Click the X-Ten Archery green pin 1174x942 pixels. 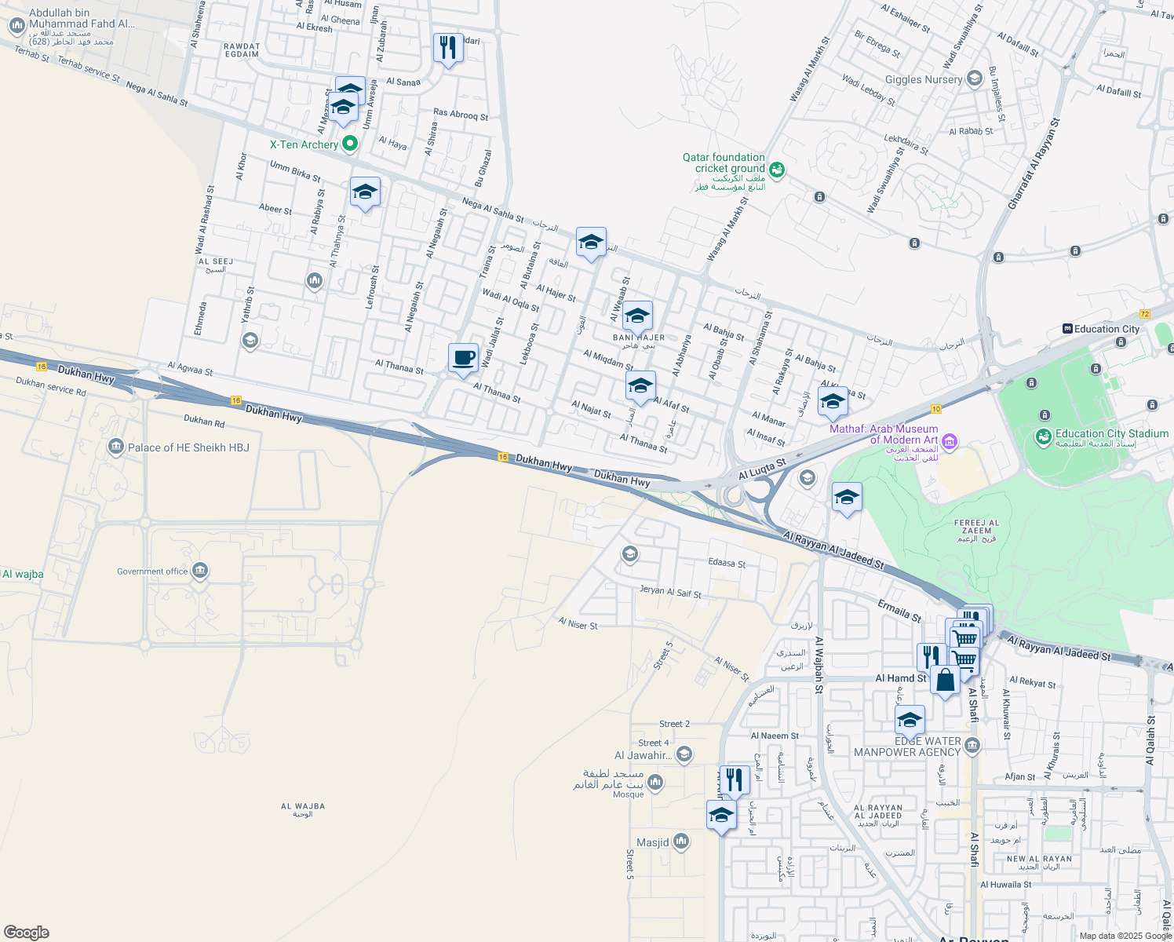click(x=350, y=144)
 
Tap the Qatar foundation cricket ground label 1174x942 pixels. click(x=723, y=163)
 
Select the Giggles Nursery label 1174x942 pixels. click(x=923, y=79)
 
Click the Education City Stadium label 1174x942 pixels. click(x=1111, y=433)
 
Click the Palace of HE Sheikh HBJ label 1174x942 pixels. click(x=188, y=447)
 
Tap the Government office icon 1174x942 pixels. click(x=200, y=571)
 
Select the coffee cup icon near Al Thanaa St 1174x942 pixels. click(x=463, y=358)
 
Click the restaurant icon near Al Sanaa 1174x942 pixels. click(x=448, y=48)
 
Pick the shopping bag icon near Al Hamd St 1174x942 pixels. click(x=946, y=680)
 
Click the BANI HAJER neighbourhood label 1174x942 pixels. click(x=638, y=338)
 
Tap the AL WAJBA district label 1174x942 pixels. click(x=303, y=806)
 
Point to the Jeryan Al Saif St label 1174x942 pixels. click(x=670, y=592)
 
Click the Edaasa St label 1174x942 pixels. click(x=727, y=564)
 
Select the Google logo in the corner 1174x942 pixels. click(x=27, y=932)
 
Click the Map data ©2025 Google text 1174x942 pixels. click(x=1125, y=936)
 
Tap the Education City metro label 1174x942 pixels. click(x=1107, y=329)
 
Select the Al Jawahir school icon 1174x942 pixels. click(x=684, y=755)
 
